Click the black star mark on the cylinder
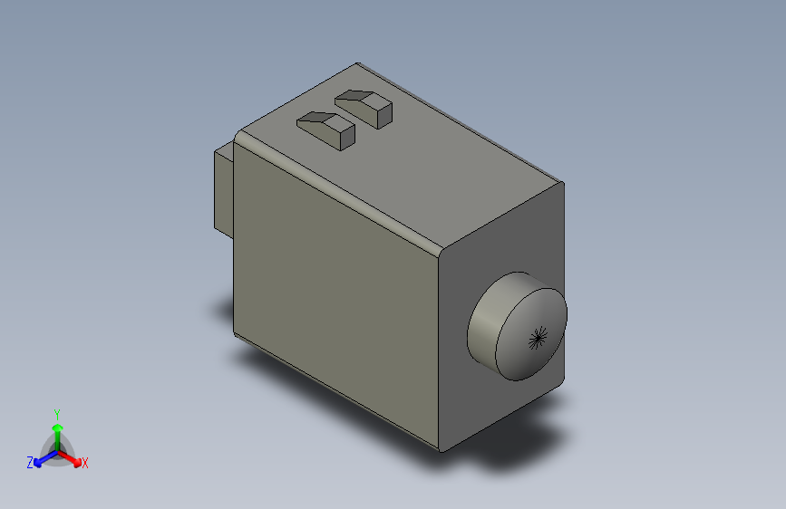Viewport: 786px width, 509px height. point(539,338)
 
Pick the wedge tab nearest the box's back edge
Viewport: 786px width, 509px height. point(364,104)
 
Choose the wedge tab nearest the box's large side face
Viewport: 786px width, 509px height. point(326,127)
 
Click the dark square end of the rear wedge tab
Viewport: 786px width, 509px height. point(381,113)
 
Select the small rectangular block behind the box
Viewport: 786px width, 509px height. point(223,190)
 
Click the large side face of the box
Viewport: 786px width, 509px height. point(335,290)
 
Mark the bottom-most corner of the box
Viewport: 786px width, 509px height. point(442,449)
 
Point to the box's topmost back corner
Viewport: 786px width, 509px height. point(357,64)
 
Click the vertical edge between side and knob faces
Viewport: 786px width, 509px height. point(440,353)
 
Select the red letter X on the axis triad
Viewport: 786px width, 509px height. point(84,463)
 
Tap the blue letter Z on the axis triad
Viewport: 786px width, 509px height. point(30,462)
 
